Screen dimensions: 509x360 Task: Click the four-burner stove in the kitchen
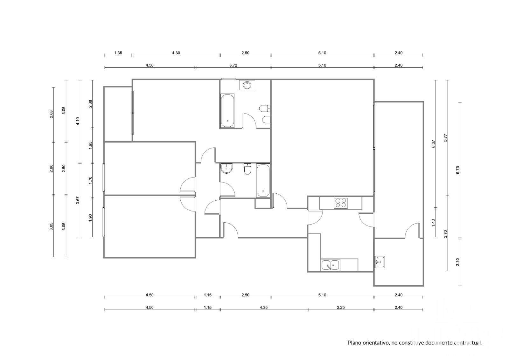pyautogui.click(x=341, y=203)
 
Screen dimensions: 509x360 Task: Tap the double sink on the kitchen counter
pyautogui.click(x=330, y=265)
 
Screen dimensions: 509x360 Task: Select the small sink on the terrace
pyautogui.click(x=380, y=262)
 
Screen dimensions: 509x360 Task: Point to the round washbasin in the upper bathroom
pyautogui.click(x=247, y=85)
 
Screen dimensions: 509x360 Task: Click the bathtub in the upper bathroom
pyautogui.click(x=227, y=110)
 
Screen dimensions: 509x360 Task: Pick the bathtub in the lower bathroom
pyautogui.click(x=263, y=181)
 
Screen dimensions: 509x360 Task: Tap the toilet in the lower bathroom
pyautogui.click(x=247, y=169)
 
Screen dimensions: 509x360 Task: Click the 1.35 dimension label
pyautogui.click(x=118, y=53)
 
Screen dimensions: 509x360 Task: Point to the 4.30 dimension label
pyautogui.click(x=176, y=53)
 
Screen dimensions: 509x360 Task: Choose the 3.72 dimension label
pyautogui.click(x=233, y=66)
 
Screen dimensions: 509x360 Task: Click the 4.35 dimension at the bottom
pyautogui.click(x=264, y=308)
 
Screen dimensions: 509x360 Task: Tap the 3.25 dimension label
pyautogui.click(x=341, y=308)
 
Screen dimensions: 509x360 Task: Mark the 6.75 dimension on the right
pyautogui.click(x=458, y=170)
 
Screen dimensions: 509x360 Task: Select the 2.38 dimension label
pyautogui.click(x=90, y=104)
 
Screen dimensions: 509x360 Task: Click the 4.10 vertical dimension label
pyautogui.click(x=78, y=121)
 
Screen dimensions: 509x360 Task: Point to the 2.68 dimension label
pyautogui.click(x=51, y=114)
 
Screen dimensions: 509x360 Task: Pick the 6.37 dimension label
pyautogui.click(x=434, y=144)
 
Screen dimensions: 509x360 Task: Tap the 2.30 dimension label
pyautogui.click(x=458, y=262)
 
